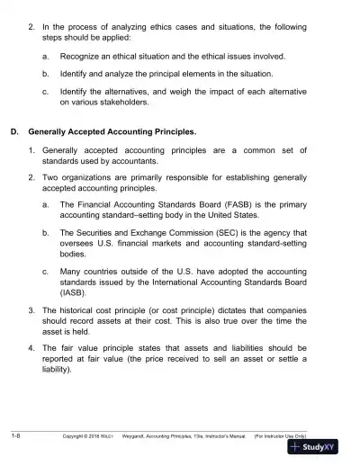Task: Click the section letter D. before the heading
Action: pyautogui.click(x=13, y=131)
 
